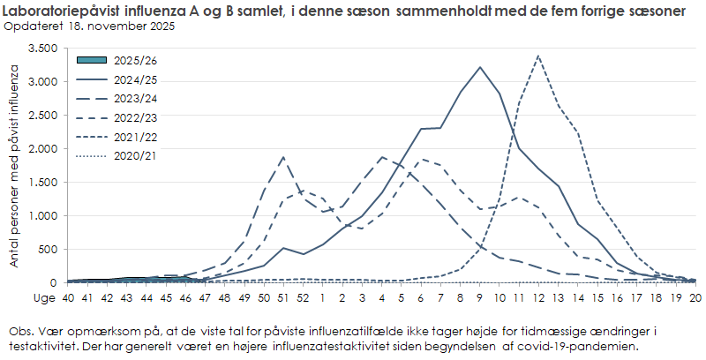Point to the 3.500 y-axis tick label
tap(42, 48)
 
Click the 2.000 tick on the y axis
tap(42, 148)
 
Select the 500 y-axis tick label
tap(49, 250)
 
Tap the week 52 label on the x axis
tap(303, 298)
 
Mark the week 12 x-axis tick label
tap(538, 298)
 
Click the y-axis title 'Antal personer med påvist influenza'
tap(14, 165)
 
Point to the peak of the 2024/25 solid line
tap(479, 67)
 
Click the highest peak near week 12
tap(538, 56)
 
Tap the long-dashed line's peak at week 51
tap(282, 157)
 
